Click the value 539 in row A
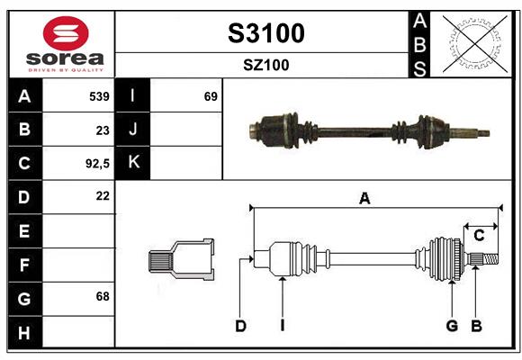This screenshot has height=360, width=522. click(98, 95)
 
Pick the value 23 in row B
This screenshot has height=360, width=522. click(102, 130)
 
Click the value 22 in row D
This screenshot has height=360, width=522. click(102, 195)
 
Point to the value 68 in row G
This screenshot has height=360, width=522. click(101, 296)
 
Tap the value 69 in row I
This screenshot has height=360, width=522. click(211, 95)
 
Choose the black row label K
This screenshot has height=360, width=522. click(134, 163)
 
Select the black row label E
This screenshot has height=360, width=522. click(24, 230)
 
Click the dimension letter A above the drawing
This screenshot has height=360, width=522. click(364, 199)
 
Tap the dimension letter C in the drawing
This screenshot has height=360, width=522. click(480, 236)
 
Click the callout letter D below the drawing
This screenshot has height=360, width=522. click(240, 326)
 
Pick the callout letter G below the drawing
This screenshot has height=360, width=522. click(452, 326)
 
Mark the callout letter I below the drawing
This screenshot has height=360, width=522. click(282, 326)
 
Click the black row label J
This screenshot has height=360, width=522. click(134, 130)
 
